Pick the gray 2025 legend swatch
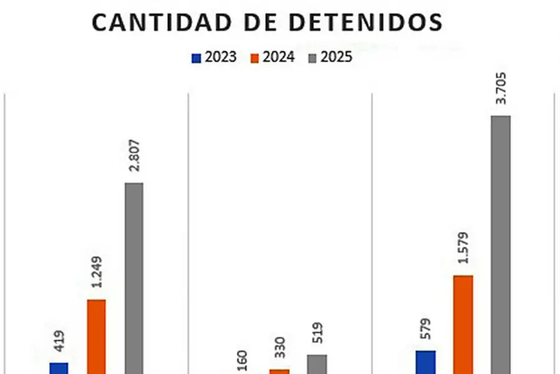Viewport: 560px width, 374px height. point(313,58)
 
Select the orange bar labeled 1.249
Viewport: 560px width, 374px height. point(96,337)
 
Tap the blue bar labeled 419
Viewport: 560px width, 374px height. point(58,368)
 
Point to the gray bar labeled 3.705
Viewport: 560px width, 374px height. point(501,243)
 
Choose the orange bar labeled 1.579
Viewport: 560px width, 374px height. point(464,324)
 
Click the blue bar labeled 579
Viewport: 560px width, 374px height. point(426,362)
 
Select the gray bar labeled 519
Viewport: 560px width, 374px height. point(317,364)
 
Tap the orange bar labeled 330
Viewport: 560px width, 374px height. point(279,371)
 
